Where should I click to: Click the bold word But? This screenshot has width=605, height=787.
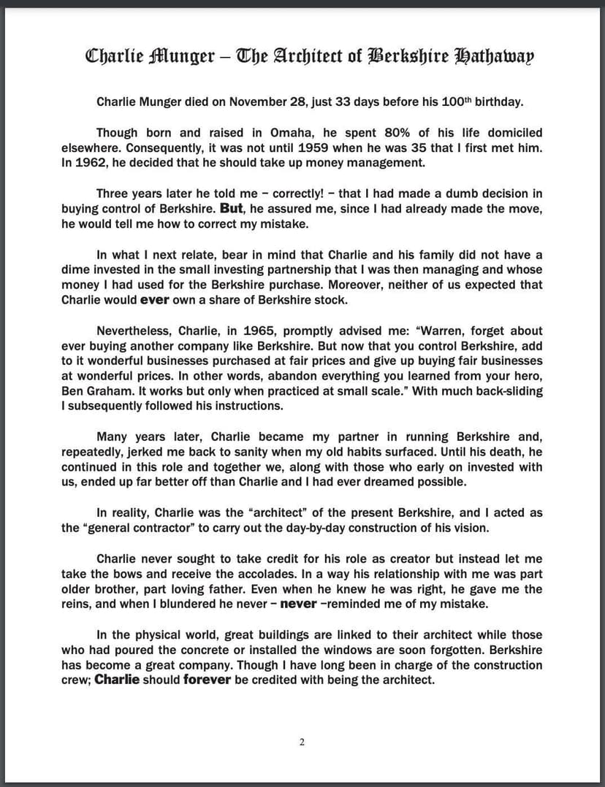pos(231,209)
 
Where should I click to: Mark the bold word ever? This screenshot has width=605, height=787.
pos(154,299)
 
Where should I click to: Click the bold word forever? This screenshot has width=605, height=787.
pos(207,680)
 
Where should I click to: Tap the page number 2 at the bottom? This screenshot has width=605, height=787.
pos(302,742)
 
